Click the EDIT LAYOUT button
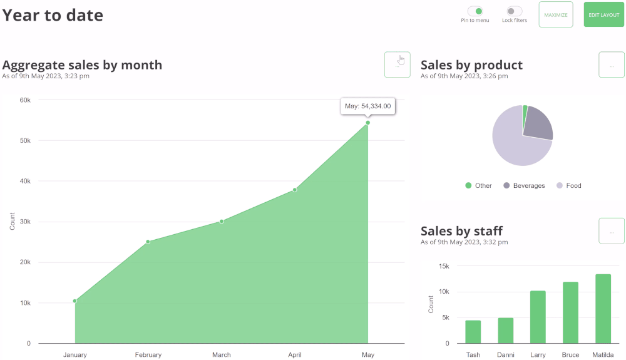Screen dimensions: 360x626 [603, 15]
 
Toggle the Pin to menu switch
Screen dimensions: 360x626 [475, 11]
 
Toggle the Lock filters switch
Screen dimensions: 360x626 [515, 11]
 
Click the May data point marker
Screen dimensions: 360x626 [367, 123]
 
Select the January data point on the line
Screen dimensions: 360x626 [74, 301]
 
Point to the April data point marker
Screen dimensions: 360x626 [294, 190]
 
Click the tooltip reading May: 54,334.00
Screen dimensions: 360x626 [367, 106]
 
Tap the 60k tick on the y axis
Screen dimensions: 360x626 [25, 100]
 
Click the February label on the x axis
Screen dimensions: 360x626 [148, 355]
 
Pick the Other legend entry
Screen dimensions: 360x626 [479, 186]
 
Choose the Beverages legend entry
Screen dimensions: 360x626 [524, 186]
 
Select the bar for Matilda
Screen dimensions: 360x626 [603, 309]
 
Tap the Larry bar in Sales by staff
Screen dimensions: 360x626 [538, 317]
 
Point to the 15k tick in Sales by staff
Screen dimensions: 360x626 [443, 266]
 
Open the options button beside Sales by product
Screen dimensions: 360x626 [612, 64]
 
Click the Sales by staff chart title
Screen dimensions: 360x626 [461, 231]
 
